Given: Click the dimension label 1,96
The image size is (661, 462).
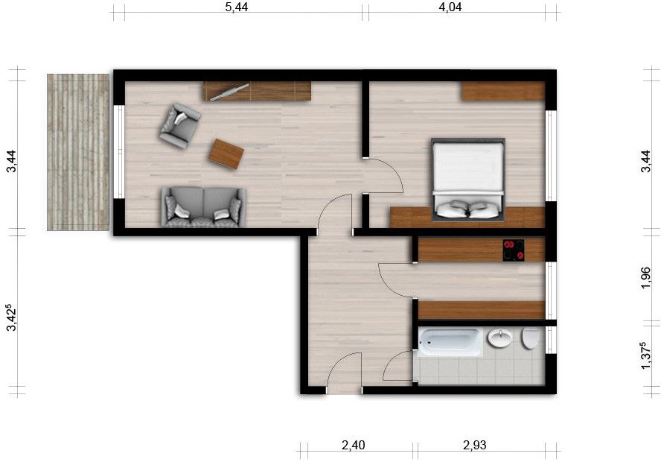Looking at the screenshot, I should [x=645, y=278].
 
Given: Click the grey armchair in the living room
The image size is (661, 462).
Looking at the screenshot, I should [x=179, y=125].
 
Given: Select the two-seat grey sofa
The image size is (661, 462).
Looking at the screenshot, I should [x=203, y=206].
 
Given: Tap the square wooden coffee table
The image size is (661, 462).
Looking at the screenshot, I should [x=226, y=154].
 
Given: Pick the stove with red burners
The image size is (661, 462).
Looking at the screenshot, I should [x=514, y=250].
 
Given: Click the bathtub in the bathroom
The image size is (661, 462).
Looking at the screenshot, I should [x=450, y=342].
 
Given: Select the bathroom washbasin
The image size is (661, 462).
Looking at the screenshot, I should [x=499, y=340].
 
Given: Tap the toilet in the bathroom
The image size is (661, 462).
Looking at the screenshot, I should [x=531, y=339].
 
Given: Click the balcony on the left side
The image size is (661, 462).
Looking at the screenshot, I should [x=78, y=152].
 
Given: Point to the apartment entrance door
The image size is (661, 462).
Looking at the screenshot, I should [x=344, y=373].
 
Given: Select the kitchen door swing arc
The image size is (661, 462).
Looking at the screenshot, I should [x=395, y=279].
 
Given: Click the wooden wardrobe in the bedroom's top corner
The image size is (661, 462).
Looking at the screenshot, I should [x=502, y=92].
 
